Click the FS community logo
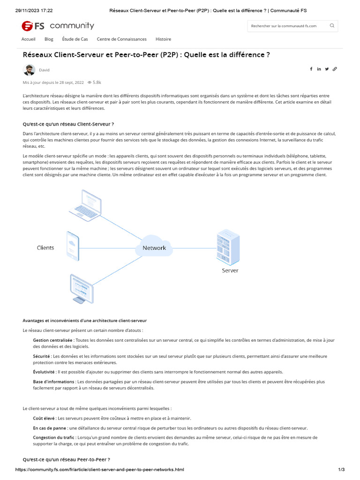[58, 26]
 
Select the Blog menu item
[49, 39]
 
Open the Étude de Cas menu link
[75, 39]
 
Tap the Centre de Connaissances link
[121, 39]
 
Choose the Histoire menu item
[163, 39]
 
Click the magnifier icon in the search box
[332, 26]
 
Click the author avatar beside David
[29, 70]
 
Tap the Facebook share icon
[311, 69]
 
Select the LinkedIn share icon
[319, 69]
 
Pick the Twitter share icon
[327, 69]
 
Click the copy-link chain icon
[335, 69]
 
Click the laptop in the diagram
[85, 202]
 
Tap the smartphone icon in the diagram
[72, 246]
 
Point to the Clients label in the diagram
[45, 248]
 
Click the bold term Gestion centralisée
[52, 340]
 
